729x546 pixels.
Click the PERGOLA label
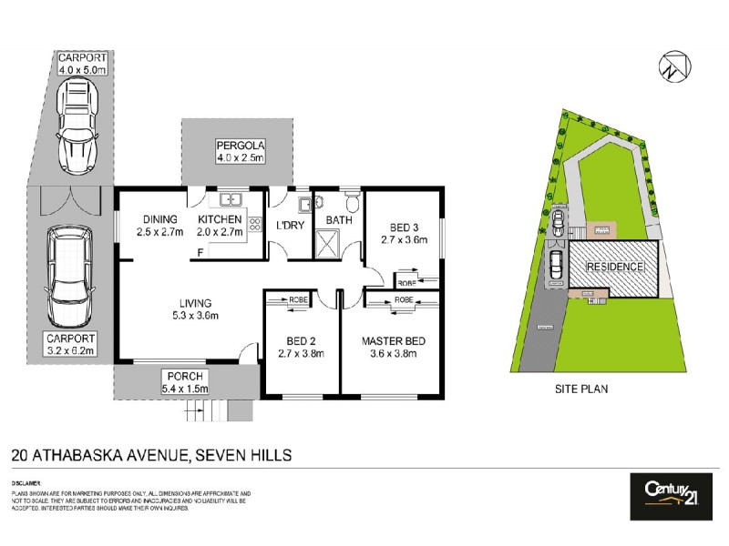[x=239, y=146]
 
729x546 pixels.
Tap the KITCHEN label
[x=221, y=219]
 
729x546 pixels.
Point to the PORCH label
[x=185, y=377]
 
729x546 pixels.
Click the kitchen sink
[x=228, y=198]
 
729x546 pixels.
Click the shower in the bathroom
[x=326, y=242]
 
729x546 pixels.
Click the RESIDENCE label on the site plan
[x=614, y=268]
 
